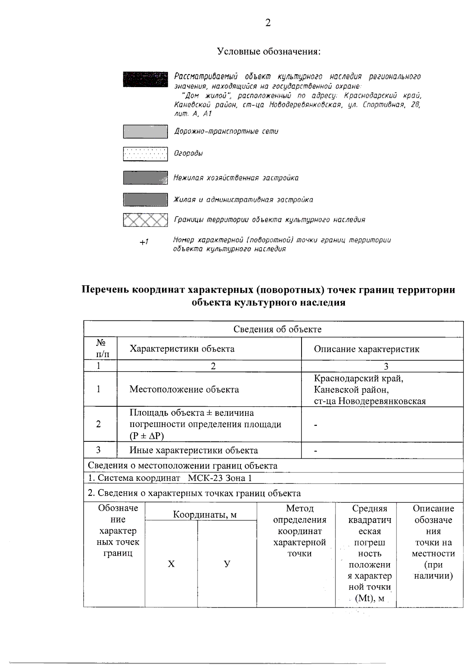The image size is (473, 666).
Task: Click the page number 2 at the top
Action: tap(268, 23)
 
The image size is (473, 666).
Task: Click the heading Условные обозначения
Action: tap(268, 52)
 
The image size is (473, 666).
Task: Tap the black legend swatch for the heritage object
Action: tap(145, 79)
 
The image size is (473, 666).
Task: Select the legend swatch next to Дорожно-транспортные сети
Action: tap(145, 132)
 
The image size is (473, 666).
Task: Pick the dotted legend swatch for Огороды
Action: tap(145, 154)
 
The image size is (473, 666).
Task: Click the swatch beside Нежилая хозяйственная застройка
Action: tap(145, 178)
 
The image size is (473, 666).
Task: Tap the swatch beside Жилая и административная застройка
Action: tap(145, 200)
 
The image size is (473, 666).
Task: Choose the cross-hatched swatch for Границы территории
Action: tap(145, 220)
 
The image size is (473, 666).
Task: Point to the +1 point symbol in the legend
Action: tap(144, 242)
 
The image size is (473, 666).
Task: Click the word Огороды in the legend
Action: tap(188, 154)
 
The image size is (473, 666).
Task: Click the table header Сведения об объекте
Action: tap(277, 329)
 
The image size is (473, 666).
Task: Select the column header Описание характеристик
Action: tap(367, 349)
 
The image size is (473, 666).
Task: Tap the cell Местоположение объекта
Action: tap(184, 390)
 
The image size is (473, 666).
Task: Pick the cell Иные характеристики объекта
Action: tap(194, 450)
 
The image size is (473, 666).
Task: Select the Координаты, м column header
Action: tap(205, 515)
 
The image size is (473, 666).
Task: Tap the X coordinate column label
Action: tap(171, 564)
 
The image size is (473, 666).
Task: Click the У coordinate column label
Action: tap(227, 564)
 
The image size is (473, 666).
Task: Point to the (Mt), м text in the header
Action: tap(369, 599)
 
